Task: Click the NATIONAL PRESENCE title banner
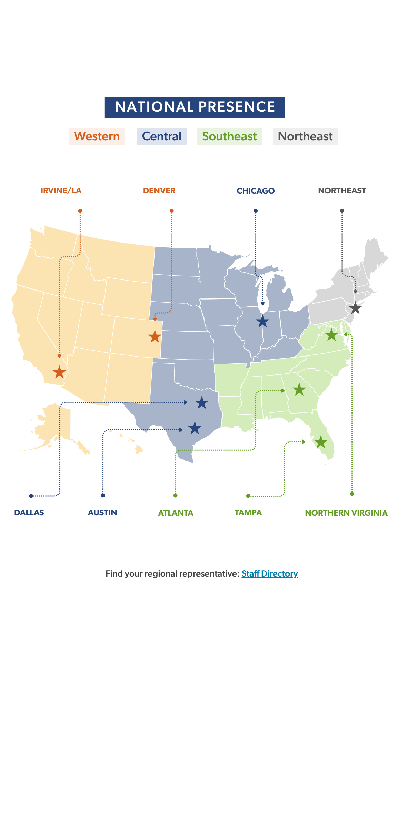point(195,107)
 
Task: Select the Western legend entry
point(97,136)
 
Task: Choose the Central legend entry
point(161,136)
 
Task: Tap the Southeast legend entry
point(229,136)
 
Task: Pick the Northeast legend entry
point(305,136)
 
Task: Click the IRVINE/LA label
point(61,191)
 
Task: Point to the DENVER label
point(159,191)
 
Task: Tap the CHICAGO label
point(256,191)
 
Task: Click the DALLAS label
point(29,513)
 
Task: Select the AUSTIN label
point(102,513)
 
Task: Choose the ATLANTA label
point(176,513)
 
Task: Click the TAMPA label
point(248,513)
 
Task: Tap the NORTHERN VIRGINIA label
point(346,513)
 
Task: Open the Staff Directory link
point(269,574)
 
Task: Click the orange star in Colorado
point(155,336)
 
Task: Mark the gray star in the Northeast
point(355,308)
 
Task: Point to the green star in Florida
point(321,442)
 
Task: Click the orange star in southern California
point(59,372)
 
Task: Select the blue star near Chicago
point(262,321)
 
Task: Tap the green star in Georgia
point(299,390)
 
